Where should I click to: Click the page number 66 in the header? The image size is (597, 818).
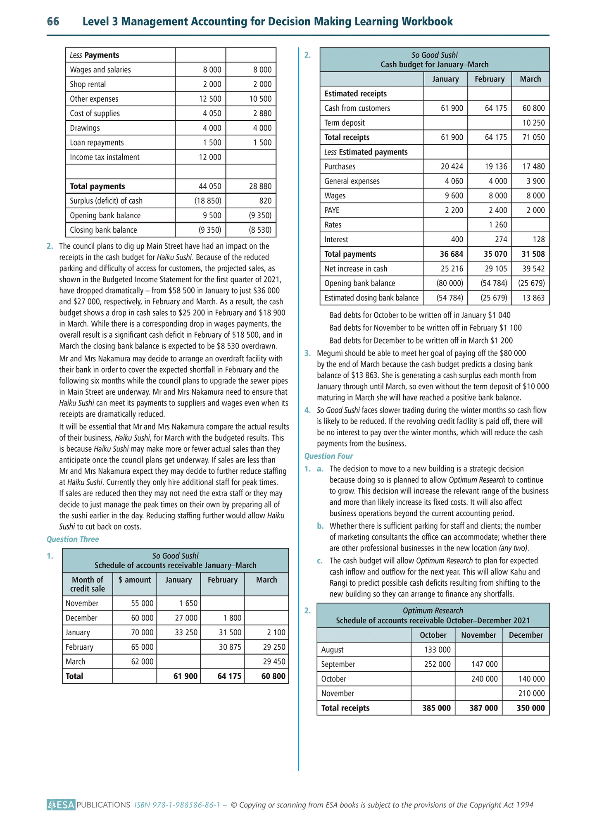pyautogui.click(x=53, y=21)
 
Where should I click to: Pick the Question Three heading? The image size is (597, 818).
pyautogui.click(x=73, y=539)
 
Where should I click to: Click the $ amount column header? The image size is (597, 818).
pyautogui.click(x=135, y=580)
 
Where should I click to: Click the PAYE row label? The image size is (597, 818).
pyautogui.click(x=332, y=210)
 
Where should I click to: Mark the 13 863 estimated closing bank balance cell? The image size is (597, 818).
pyautogui.click(x=533, y=298)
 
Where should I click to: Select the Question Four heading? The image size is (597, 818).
pyautogui.click(x=329, y=456)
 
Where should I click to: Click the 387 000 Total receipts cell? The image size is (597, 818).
pyautogui.click(x=483, y=708)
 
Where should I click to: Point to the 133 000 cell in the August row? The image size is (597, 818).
pyautogui.click(x=438, y=650)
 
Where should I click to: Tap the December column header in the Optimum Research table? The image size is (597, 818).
pyautogui.click(x=526, y=635)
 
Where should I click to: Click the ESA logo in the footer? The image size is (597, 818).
pyautogui.click(x=61, y=805)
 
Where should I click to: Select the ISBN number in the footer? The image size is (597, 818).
pyautogui.click(x=178, y=805)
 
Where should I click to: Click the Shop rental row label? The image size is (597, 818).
pyautogui.click(x=88, y=84)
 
